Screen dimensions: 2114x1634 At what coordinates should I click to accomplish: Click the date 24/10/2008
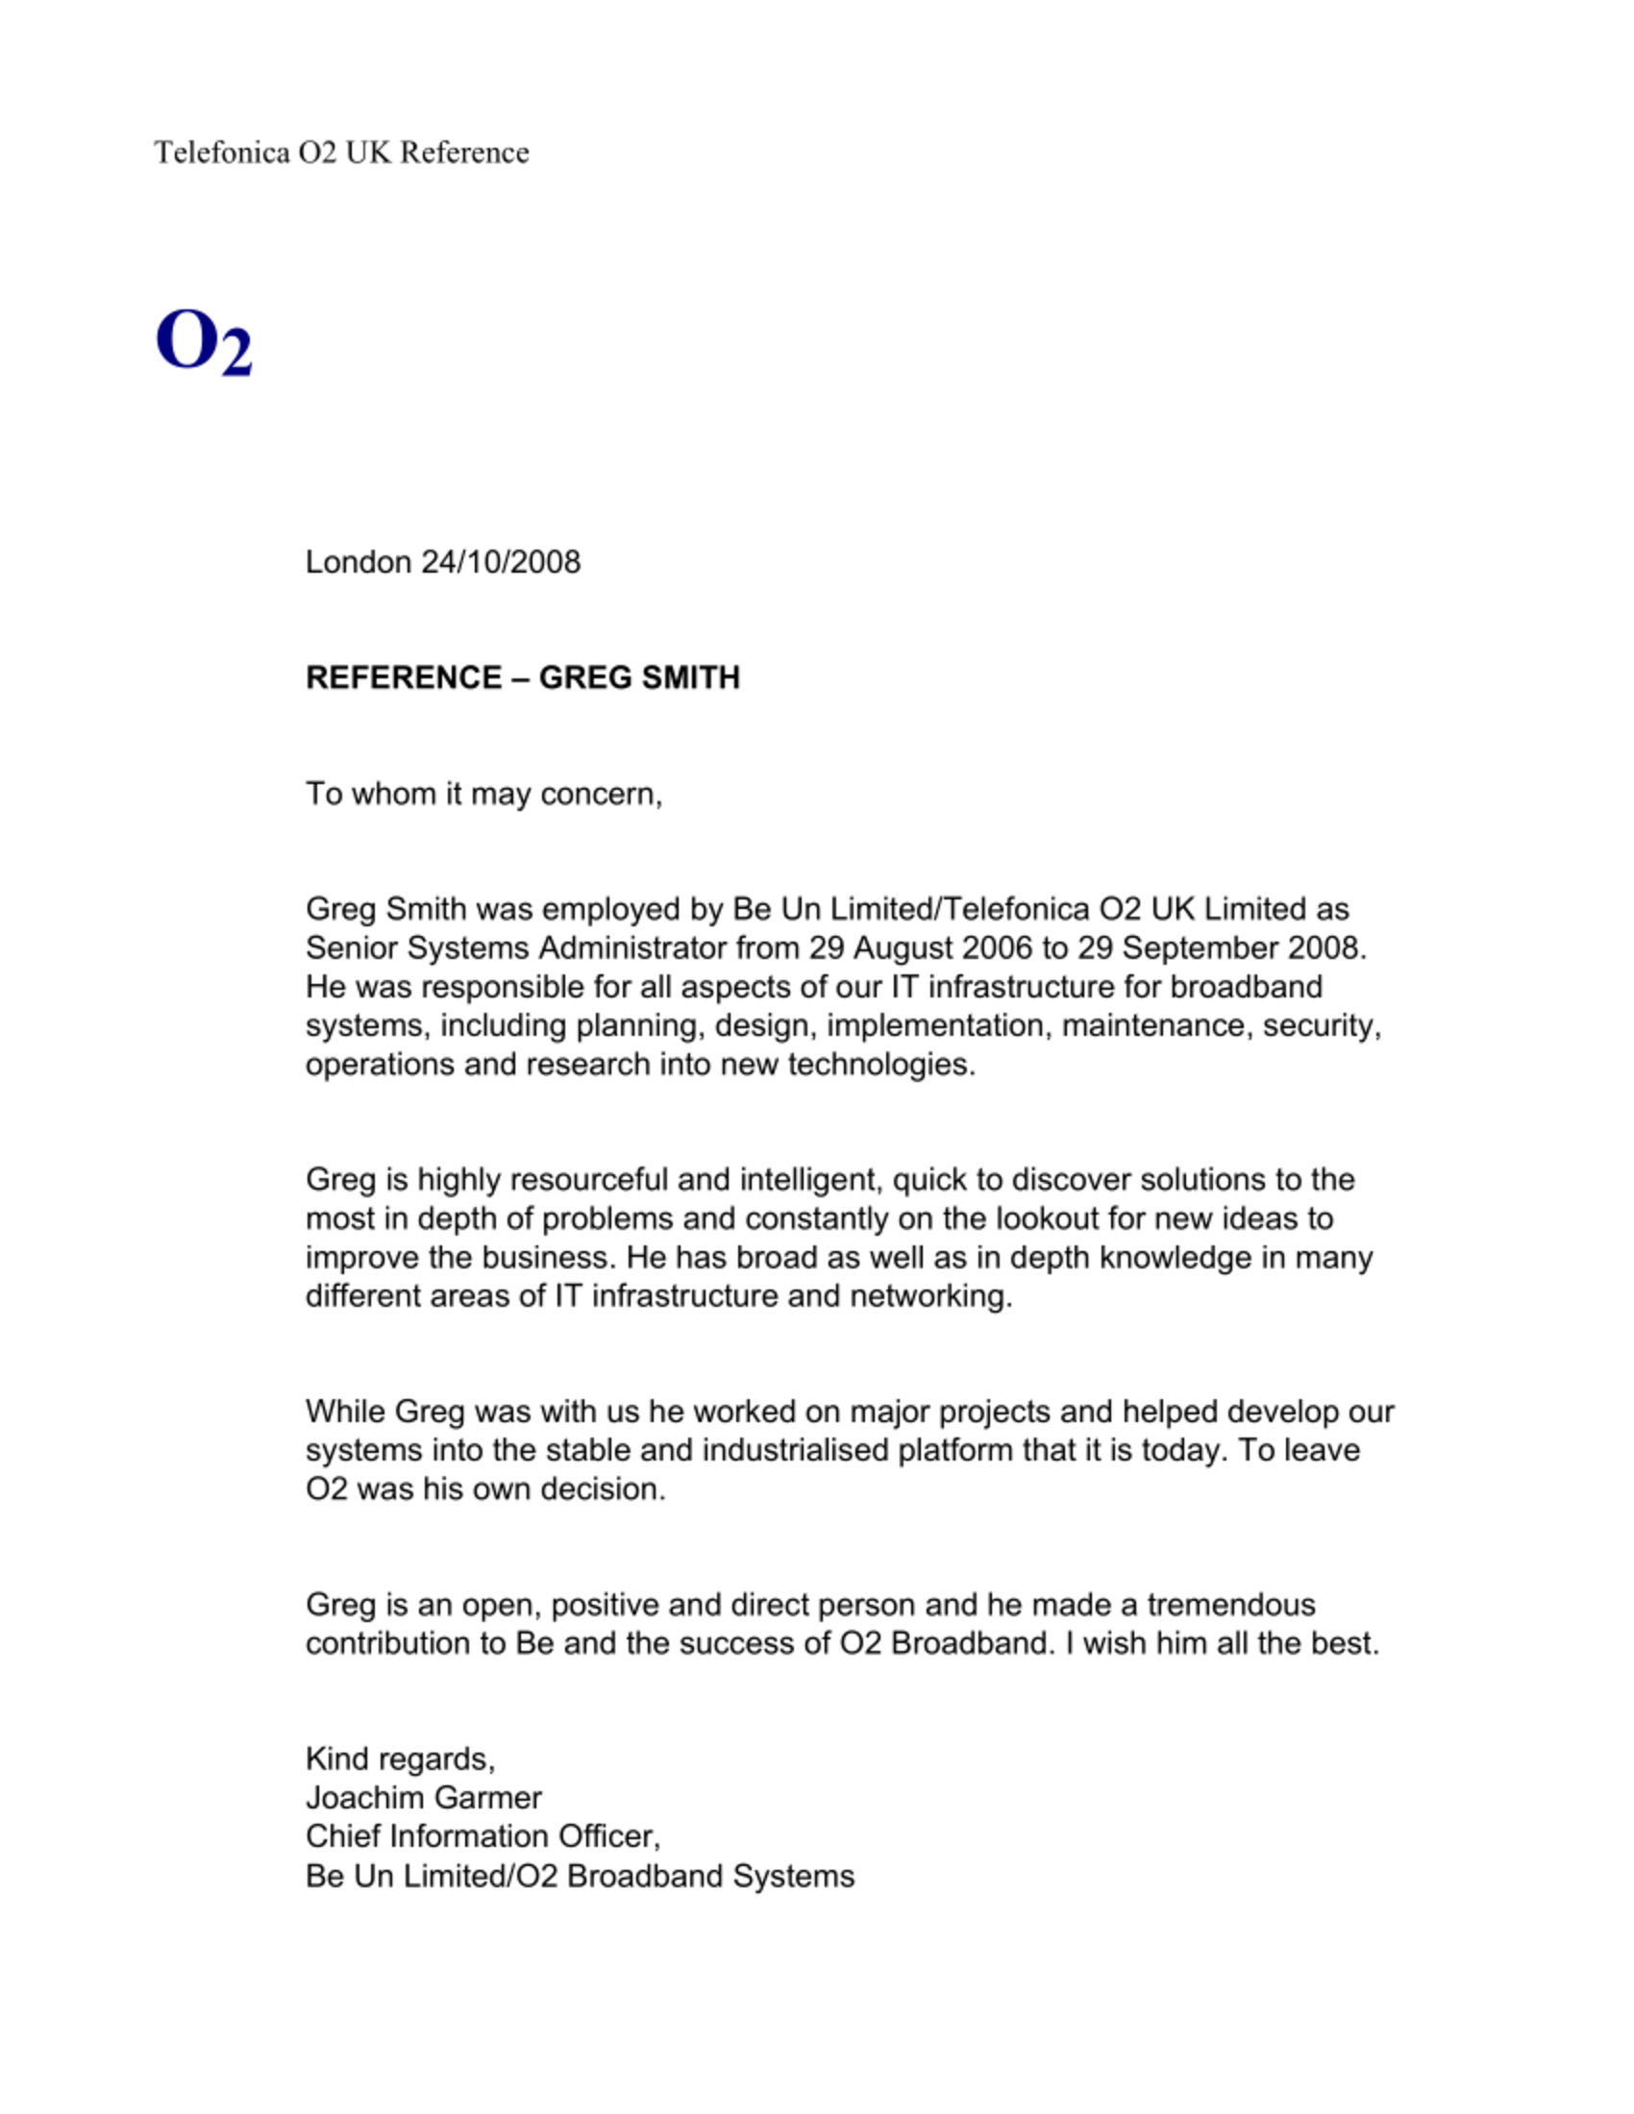[x=501, y=562]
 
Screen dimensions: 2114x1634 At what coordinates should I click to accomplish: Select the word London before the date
[x=359, y=562]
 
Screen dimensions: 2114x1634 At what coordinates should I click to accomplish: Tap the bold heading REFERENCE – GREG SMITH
[x=523, y=677]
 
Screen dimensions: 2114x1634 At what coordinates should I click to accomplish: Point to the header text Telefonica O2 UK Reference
[x=341, y=153]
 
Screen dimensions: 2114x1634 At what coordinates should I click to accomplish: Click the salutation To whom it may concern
[x=483, y=794]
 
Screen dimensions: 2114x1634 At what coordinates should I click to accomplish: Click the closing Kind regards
[x=400, y=1758]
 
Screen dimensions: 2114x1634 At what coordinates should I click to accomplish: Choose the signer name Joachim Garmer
[x=423, y=1798]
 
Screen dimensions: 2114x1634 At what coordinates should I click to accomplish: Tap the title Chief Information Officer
[x=483, y=1836]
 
